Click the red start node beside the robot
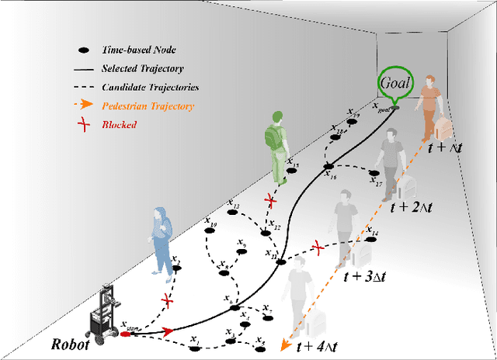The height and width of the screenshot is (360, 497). point(127,334)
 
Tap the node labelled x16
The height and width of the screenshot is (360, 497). point(328,166)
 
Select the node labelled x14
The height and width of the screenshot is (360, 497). point(366,240)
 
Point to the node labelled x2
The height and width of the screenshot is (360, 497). point(177,268)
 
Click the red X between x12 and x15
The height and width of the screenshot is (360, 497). point(269,201)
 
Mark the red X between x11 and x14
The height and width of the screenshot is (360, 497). point(317,247)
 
